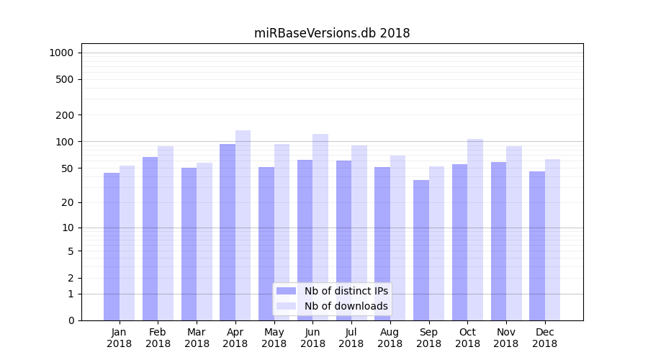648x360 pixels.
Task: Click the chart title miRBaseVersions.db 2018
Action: point(332,33)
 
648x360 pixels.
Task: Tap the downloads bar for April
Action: point(243,225)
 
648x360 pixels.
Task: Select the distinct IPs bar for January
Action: point(112,246)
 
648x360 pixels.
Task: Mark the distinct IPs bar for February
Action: point(150,238)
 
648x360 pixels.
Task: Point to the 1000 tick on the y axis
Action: point(61,53)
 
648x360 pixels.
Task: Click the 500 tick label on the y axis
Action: point(65,79)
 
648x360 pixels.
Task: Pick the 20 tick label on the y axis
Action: point(68,202)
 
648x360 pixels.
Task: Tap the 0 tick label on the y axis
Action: point(71,320)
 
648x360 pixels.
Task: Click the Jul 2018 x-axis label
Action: point(351,338)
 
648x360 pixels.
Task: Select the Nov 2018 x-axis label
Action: point(506,338)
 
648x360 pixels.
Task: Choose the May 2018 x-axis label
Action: point(274,338)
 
